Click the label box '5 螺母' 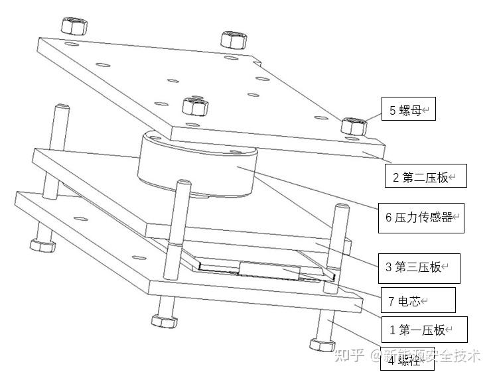click(408, 110)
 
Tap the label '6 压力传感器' click(421, 217)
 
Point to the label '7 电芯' click(417, 300)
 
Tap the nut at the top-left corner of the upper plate click(72, 26)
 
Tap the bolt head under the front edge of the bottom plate click(164, 320)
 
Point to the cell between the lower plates click(265, 271)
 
